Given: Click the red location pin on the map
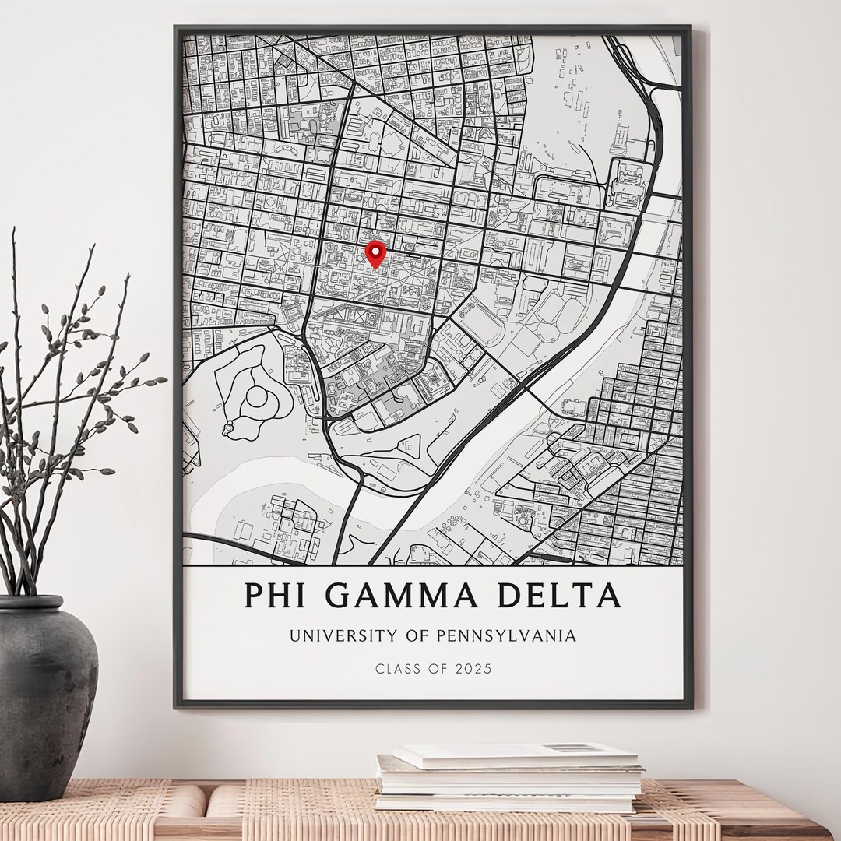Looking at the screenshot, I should point(377,252).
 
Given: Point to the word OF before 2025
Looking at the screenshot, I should point(438,668).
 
